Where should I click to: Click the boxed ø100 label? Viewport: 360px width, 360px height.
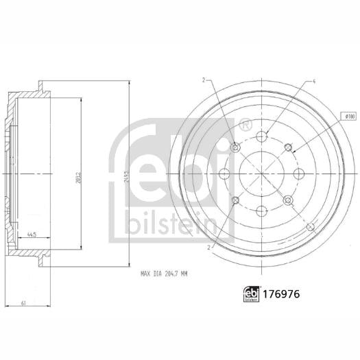coord(349,117)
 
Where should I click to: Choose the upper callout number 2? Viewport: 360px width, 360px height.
coord(204,80)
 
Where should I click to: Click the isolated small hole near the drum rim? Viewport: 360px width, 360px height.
coord(312,226)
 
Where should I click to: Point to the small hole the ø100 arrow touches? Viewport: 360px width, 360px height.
coord(288,146)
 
